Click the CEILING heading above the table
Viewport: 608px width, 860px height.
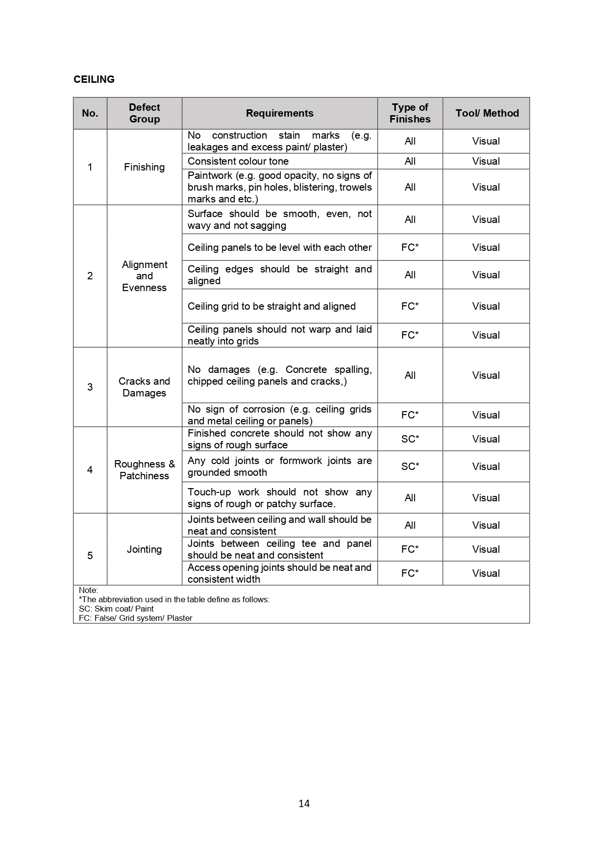click(94, 79)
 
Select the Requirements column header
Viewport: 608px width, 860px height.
click(279, 113)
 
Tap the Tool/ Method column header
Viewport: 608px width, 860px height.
click(486, 113)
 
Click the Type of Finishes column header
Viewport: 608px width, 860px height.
click(410, 113)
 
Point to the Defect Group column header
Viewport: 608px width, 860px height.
click(145, 113)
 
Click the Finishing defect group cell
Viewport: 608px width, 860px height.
click(144, 167)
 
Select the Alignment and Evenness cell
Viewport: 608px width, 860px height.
click(145, 276)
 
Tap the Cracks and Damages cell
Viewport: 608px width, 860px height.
click(144, 387)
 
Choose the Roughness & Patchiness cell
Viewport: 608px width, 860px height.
click(144, 470)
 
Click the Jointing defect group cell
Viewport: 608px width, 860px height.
click(144, 549)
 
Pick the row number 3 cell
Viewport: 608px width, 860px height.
click(90, 387)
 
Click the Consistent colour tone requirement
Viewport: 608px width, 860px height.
click(238, 161)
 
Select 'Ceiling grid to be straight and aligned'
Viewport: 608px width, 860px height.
click(271, 306)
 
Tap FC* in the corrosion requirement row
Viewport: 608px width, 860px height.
click(410, 415)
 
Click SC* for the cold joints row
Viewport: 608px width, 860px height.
click(410, 467)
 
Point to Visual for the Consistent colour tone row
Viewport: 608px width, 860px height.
click(486, 161)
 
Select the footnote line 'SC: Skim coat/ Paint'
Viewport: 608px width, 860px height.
click(116, 609)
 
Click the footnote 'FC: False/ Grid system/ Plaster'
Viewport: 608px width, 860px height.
click(135, 618)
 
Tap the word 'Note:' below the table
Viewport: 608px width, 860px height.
click(88, 590)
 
